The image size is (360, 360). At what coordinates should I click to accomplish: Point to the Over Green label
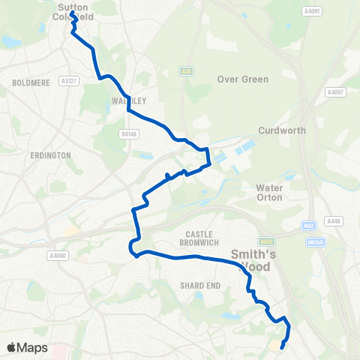(x=242, y=79)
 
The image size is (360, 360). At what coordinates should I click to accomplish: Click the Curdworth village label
(x=282, y=130)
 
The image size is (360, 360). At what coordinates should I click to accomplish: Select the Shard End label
(x=198, y=285)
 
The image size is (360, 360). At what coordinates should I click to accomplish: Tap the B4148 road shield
(x=130, y=133)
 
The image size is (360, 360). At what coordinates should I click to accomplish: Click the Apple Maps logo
(x=27, y=347)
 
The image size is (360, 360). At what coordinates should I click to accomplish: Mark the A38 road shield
(x=185, y=71)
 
